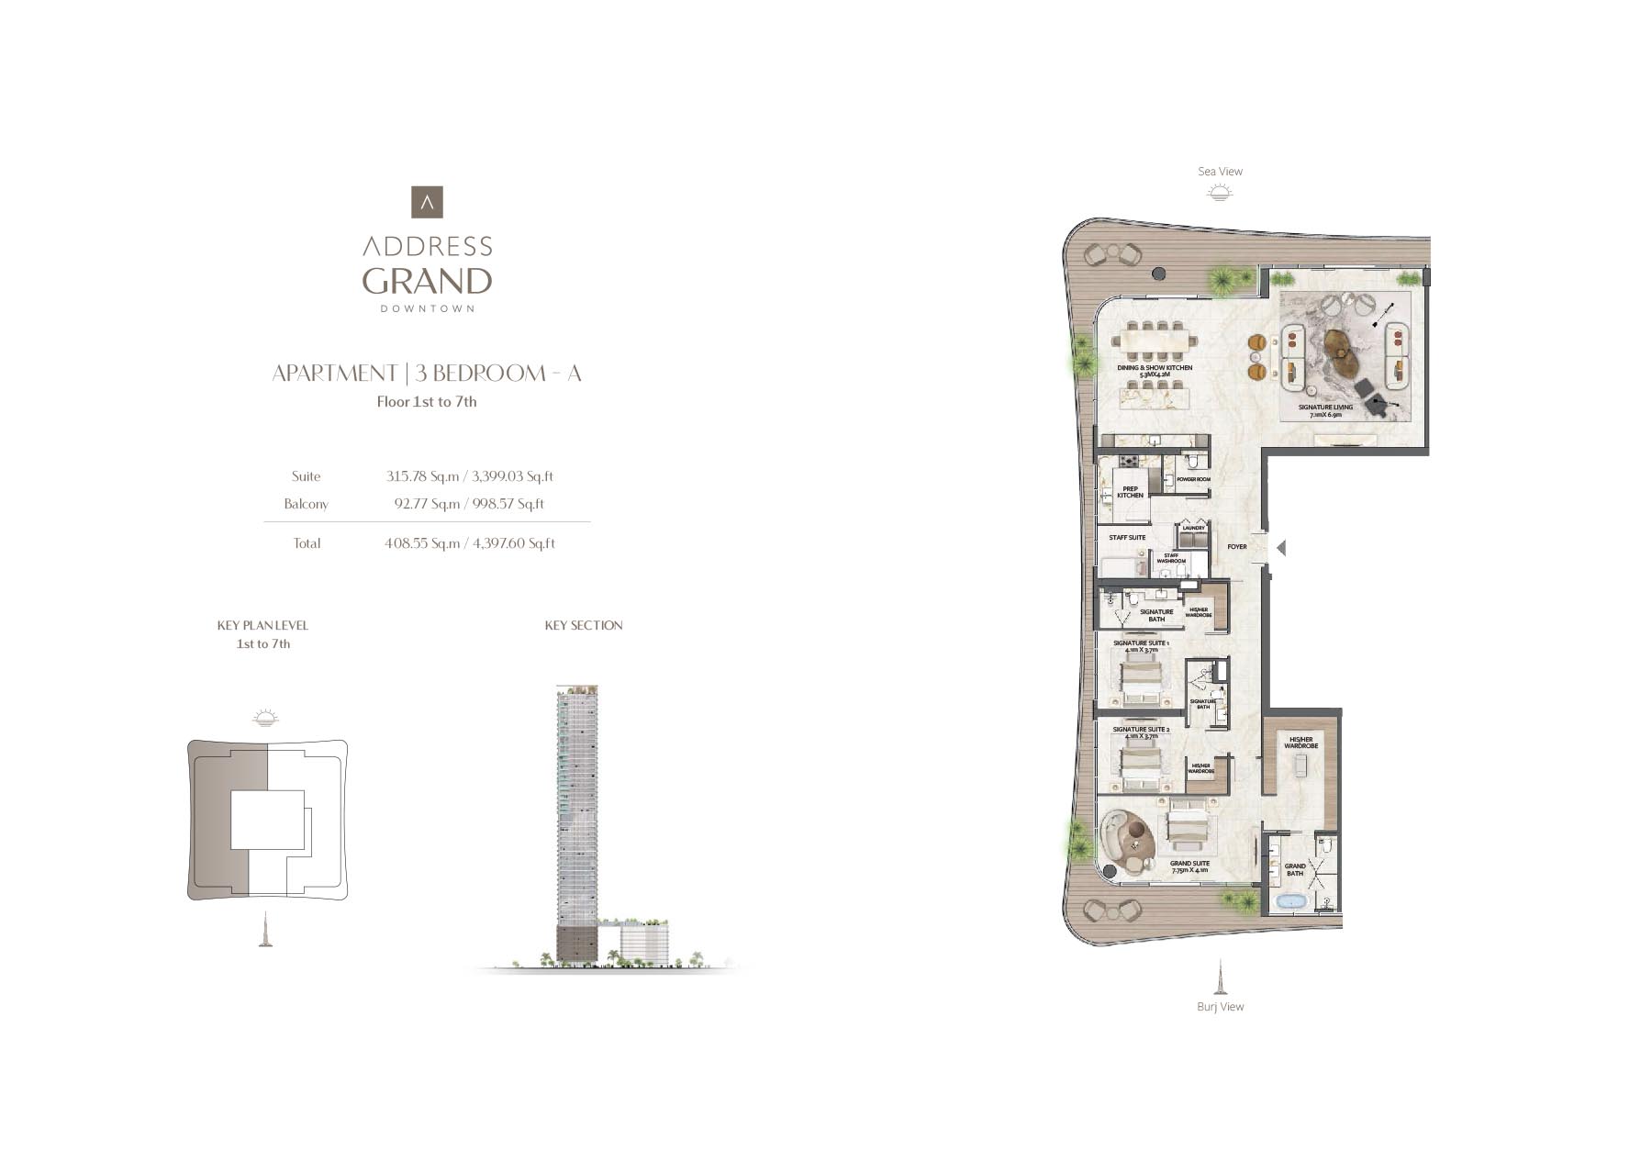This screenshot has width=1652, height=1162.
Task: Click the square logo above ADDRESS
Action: click(x=427, y=202)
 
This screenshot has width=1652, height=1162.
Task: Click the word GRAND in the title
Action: click(x=427, y=280)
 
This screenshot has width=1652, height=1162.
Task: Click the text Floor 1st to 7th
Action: click(x=427, y=402)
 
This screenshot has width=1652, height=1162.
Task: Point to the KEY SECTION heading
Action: click(x=584, y=626)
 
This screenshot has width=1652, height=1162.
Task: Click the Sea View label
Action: click(x=1220, y=172)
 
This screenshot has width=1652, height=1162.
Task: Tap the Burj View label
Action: click(x=1220, y=1007)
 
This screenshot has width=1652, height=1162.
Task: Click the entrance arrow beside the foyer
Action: click(x=1280, y=548)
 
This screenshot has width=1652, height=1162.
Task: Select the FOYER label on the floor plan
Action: click(x=1237, y=547)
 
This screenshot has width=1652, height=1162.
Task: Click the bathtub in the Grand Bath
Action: click(x=1291, y=902)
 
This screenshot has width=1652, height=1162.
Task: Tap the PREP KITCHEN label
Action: click(x=1130, y=493)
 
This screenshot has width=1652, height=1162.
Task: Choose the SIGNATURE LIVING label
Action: click(x=1325, y=408)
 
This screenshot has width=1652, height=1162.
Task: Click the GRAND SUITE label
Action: click(x=1189, y=864)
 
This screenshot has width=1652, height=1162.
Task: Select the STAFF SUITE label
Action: click(x=1127, y=538)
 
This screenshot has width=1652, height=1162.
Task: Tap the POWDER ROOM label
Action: click(x=1193, y=479)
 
